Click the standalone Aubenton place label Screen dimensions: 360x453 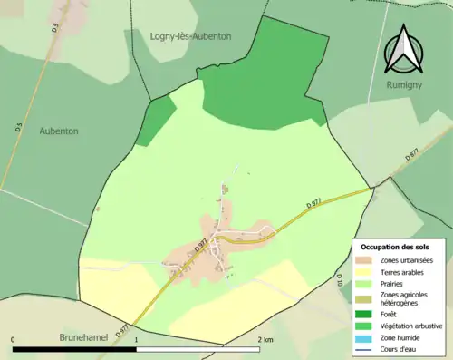point(59,131)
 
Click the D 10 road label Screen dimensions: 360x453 point(340,282)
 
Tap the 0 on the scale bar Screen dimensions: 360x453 point(14,340)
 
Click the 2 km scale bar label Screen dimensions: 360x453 point(265,340)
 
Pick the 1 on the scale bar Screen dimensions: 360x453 point(137,340)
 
